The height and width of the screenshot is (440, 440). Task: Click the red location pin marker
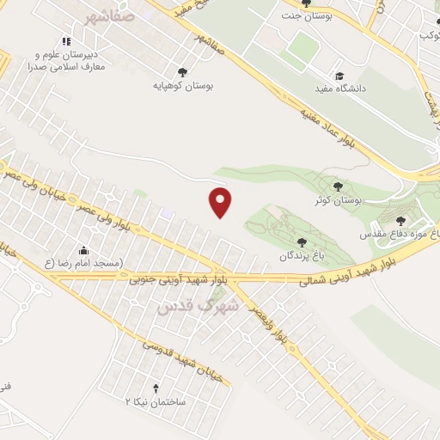coord(221,202)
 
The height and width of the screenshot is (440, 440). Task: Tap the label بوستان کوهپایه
coord(182,86)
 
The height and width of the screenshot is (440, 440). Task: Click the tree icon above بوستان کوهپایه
coord(182,72)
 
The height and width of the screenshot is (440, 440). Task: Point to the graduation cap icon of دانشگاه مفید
coord(339,76)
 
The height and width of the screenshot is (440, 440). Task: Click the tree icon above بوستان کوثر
coord(338,186)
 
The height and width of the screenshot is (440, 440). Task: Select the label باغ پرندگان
coord(300,256)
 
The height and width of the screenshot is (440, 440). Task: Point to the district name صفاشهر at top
coord(110,15)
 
